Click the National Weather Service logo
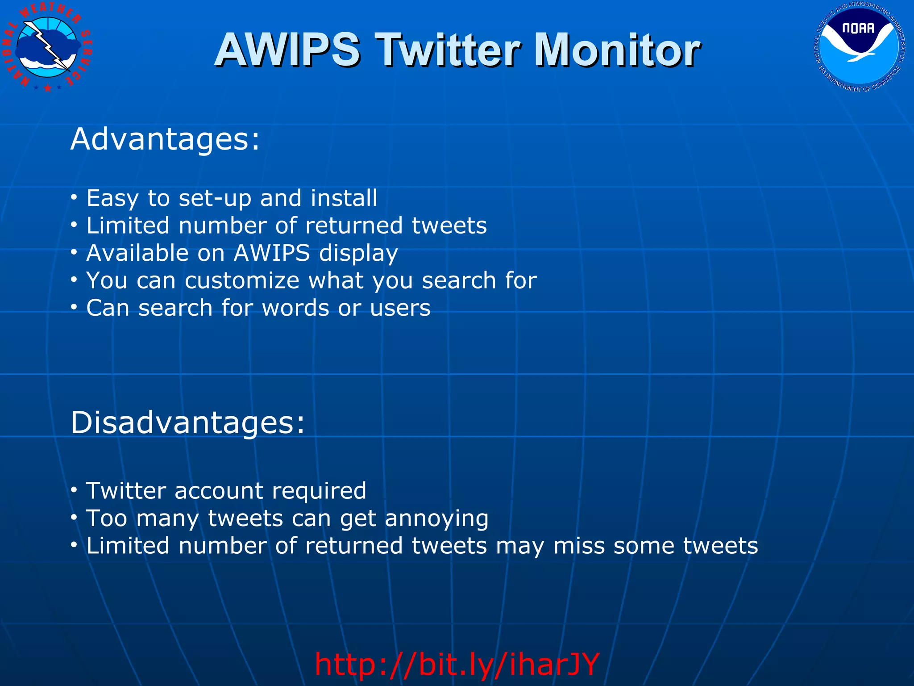pos(47,46)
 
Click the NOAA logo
pos(860,46)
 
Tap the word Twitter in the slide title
pos(449,50)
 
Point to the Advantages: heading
pos(165,139)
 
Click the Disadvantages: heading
pos(187,422)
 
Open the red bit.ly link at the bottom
pos(457,665)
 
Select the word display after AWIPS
pos(358,253)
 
